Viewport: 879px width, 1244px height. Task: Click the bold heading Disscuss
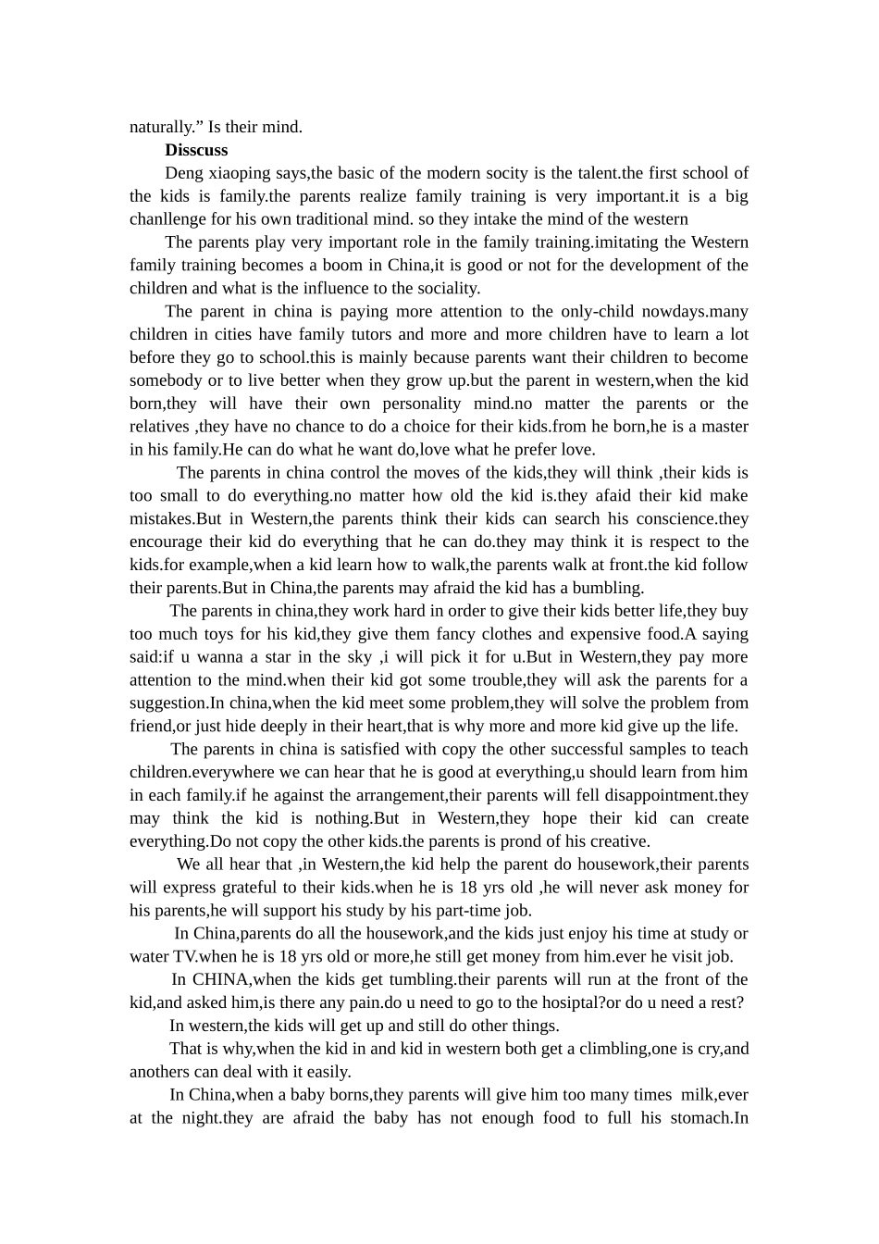[x=196, y=150]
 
